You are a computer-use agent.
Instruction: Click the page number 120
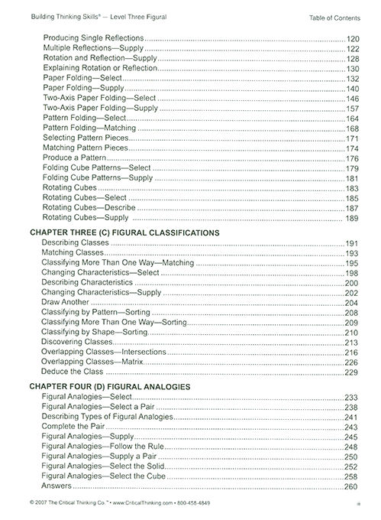352,37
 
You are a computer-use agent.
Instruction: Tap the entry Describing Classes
76,242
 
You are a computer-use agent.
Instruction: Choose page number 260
352,486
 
